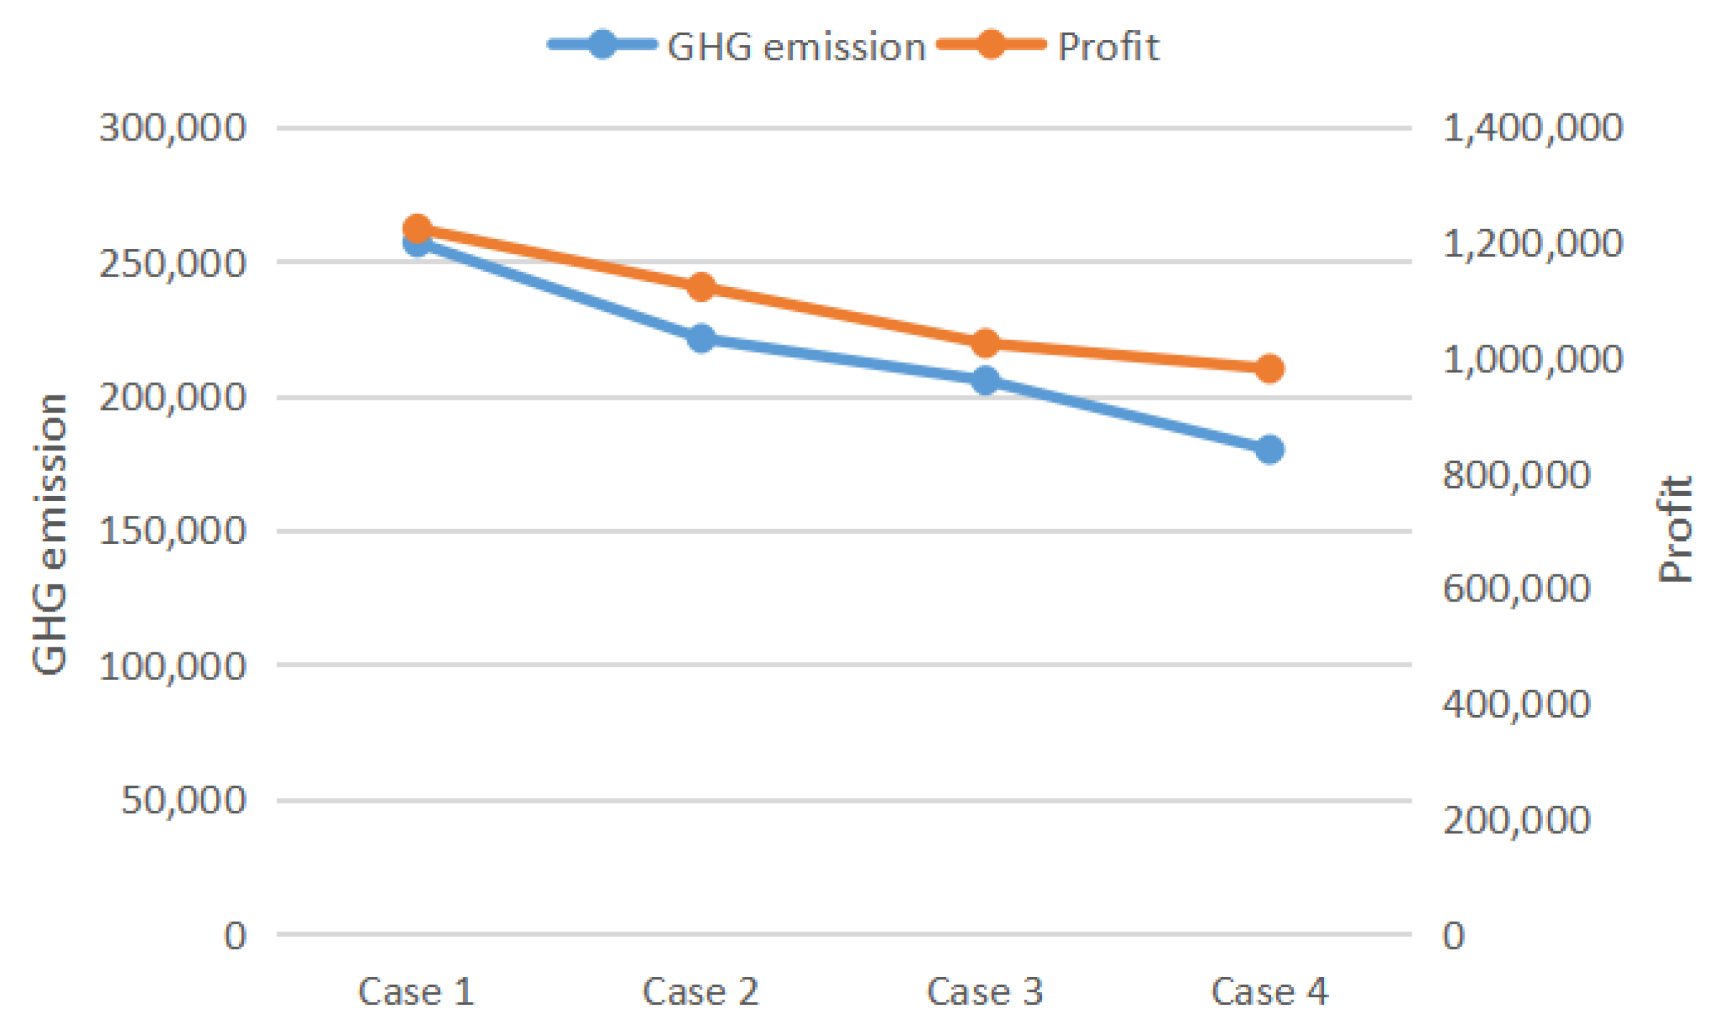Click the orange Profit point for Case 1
point(417,229)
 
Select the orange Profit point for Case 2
point(701,287)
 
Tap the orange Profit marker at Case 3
point(986,343)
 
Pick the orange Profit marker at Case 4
point(1270,368)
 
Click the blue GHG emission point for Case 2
point(701,338)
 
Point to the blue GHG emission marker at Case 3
point(986,380)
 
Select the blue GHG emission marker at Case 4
point(1270,450)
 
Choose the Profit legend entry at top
point(1049,46)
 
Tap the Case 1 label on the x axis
point(416,991)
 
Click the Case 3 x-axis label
point(985,991)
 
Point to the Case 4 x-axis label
point(1270,991)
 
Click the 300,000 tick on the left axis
point(173,128)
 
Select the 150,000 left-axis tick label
point(173,532)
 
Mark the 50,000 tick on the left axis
point(183,800)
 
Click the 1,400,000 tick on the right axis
point(1532,128)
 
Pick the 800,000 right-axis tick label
point(1517,475)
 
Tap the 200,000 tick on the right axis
point(1517,820)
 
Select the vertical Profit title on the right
point(1674,530)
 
